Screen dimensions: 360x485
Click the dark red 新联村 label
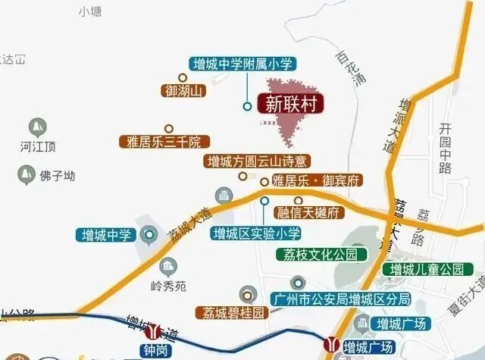coord(289,102)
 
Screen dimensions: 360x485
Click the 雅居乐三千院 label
coord(164,142)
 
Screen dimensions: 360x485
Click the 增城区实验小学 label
coord(257,232)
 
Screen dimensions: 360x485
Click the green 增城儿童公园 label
coord(426,269)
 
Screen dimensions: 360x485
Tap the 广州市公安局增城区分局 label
coord(339,299)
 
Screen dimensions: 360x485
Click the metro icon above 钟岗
coord(154,331)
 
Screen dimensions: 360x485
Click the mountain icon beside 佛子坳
coord(26,176)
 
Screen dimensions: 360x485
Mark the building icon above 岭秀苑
coord(167,265)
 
